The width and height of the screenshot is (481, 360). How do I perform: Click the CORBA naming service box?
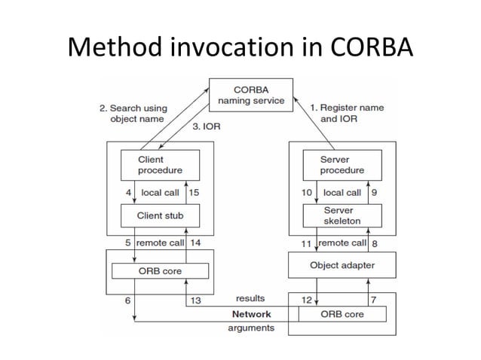pyautogui.click(x=251, y=95)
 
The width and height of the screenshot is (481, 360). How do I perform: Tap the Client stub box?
pyautogui.click(x=159, y=216)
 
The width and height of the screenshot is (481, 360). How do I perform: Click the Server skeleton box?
pyautogui.click(x=341, y=216)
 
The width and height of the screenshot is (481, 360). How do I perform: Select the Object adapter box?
pyautogui.click(x=342, y=266)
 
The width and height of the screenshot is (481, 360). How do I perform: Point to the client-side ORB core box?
pyautogui.click(x=159, y=270)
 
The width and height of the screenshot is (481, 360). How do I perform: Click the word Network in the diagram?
pyautogui.click(x=251, y=313)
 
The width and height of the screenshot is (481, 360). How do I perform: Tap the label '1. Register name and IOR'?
pyautogui.click(x=347, y=113)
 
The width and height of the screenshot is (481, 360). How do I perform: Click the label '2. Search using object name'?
pyautogui.click(x=133, y=114)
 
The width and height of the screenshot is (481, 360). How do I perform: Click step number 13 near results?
pyautogui.click(x=195, y=301)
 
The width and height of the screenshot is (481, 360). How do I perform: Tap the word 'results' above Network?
pyautogui.click(x=250, y=299)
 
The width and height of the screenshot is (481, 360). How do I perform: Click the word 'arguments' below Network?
pyautogui.click(x=250, y=328)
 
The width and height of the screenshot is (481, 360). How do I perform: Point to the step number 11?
pyautogui.click(x=306, y=243)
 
